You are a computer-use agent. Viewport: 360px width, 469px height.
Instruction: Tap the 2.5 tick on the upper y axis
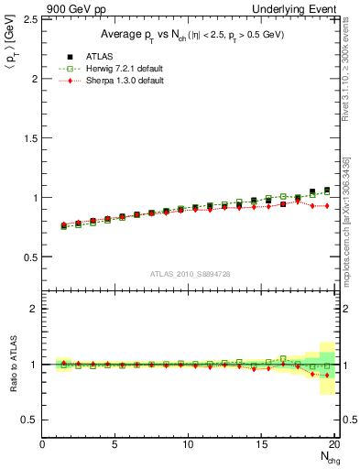pyautogui.click(x=29, y=19)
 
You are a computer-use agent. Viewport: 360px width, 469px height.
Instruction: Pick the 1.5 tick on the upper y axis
pyautogui.click(x=29, y=138)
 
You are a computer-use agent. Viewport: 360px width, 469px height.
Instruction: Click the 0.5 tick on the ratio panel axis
pyautogui.click(x=29, y=420)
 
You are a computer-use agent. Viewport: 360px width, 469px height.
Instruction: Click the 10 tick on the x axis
pyautogui.click(x=189, y=445)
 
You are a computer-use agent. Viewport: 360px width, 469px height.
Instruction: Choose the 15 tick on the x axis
pyautogui.click(x=262, y=445)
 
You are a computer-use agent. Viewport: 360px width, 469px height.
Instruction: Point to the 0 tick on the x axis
pyautogui.click(x=43, y=445)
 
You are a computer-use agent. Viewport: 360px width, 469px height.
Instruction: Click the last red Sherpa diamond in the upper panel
pyautogui.click(x=326, y=206)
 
